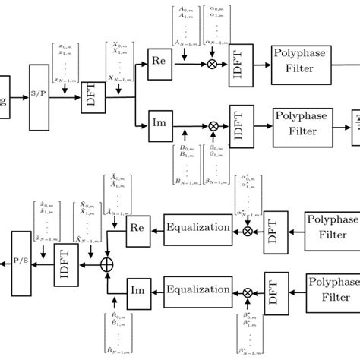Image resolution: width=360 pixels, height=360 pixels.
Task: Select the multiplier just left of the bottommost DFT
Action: pos(247,291)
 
